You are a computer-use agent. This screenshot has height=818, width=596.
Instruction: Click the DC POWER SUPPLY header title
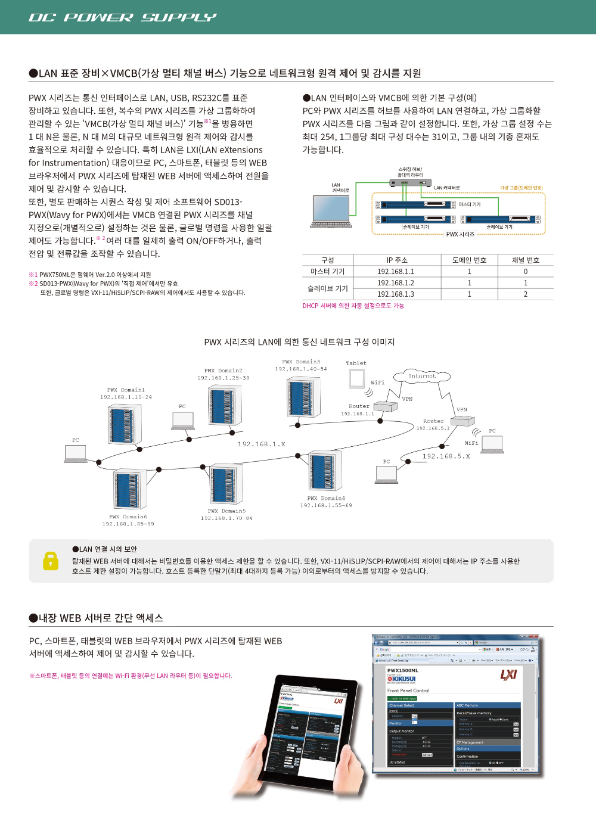click(x=122, y=17)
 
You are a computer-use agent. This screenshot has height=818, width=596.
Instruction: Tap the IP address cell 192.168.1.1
click(x=395, y=272)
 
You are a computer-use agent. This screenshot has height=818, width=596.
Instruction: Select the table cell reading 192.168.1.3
click(x=395, y=294)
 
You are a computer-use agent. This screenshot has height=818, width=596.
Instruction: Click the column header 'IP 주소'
click(x=396, y=260)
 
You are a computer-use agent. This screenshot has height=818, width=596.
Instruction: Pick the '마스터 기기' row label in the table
click(x=327, y=272)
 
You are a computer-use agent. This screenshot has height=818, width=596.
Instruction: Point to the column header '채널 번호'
click(x=525, y=260)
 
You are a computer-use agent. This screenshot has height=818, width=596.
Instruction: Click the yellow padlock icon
click(x=51, y=561)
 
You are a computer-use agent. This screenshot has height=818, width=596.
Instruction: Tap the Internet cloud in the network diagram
click(x=422, y=376)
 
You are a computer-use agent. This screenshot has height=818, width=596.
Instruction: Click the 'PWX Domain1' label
click(x=126, y=390)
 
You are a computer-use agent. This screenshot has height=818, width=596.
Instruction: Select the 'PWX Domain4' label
click(x=326, y=499)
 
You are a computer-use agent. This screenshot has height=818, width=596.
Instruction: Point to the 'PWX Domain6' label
click(x=128, y=517)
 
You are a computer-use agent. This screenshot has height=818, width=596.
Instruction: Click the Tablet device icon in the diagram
click(x=357, y=378)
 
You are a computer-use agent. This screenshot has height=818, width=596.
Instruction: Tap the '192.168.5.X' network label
click(x=446, y=456)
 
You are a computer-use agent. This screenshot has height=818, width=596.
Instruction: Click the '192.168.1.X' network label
click(x=262, y=444)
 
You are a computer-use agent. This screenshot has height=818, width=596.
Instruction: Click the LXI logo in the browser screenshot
click(x=508, y=674)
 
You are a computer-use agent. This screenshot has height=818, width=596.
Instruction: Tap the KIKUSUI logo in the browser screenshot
click(x=402, y=679)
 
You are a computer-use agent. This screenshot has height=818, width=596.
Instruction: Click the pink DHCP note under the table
click(x=353, y=306)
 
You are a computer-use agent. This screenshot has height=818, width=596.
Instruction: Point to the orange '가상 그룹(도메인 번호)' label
click(x=521, y=188)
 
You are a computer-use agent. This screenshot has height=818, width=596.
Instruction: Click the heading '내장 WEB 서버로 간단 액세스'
click(x=101, y=618)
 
